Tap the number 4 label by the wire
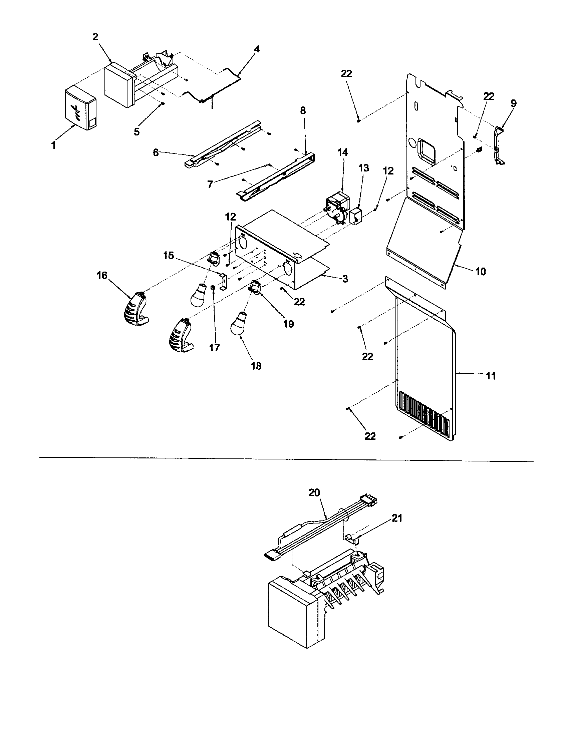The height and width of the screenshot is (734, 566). click(256, 49)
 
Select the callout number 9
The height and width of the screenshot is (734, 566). click(514, 103)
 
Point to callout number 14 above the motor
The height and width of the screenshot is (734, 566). click(342, 152)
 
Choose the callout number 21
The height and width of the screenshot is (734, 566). click(396, 518)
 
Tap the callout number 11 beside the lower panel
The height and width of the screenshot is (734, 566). click(491, 376)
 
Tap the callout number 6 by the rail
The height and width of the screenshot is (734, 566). click(156, 152)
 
